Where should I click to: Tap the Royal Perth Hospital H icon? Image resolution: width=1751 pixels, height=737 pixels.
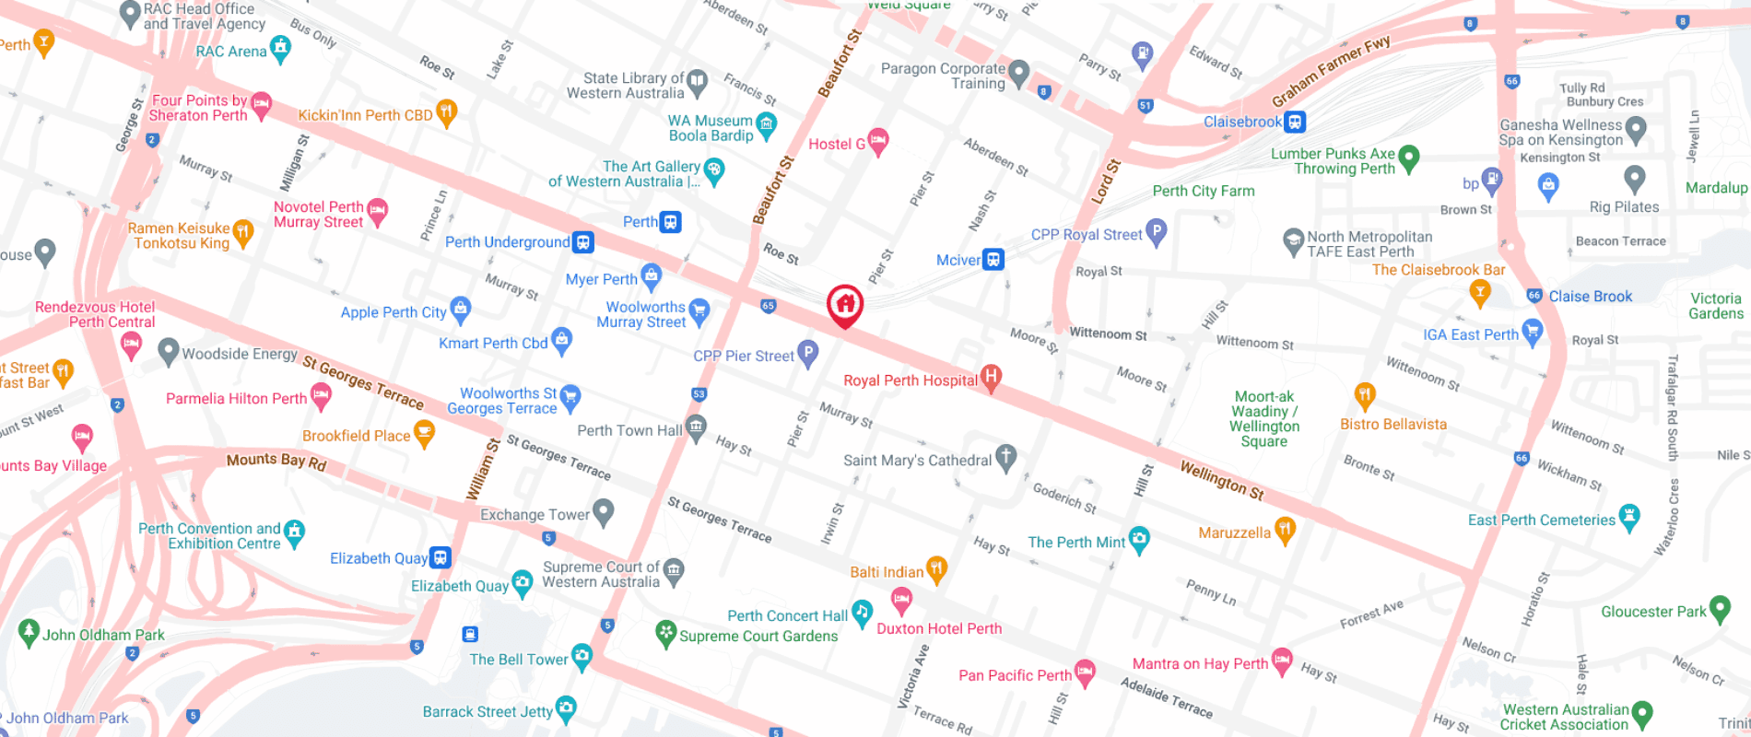click(991, 376)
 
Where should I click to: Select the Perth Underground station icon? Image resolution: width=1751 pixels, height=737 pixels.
click(582, 242)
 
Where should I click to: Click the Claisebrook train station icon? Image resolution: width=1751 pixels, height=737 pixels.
click(1295, 122)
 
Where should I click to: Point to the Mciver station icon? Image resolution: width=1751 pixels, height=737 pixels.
click(993, 260)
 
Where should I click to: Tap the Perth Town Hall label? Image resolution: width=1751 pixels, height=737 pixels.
click(629, 430)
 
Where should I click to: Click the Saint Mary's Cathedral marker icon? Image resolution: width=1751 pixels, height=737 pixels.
click(1006, 456)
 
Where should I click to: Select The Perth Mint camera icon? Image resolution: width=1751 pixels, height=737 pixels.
click(1140, 539)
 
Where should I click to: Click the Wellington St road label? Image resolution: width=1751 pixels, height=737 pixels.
click(1222, 480)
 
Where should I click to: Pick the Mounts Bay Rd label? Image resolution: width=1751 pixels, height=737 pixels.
click(276, 461)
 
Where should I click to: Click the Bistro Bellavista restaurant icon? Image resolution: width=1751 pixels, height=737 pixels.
click(1365, 395)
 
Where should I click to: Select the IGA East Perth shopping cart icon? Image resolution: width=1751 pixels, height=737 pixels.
click(1533, 331)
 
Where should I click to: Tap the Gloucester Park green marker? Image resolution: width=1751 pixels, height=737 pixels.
click(1720, 608)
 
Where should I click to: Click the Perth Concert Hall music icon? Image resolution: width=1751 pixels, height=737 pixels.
click(862, 612)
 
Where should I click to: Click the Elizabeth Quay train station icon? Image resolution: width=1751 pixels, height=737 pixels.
click(441, 557)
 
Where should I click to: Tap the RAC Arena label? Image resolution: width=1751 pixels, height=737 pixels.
click(230, 52)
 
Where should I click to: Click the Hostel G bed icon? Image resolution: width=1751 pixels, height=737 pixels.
click(878, 140)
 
